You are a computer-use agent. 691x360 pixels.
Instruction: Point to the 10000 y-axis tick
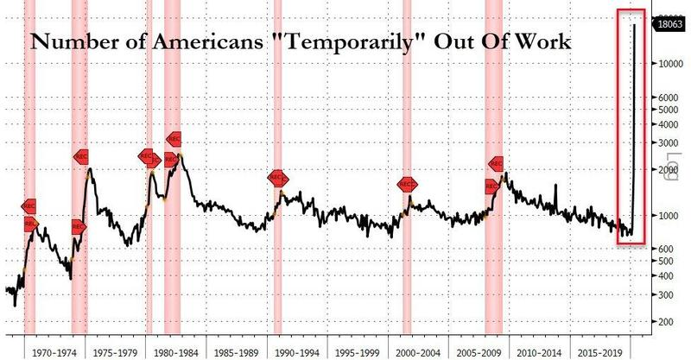point(664,64)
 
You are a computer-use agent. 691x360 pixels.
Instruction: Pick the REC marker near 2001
point(407,185)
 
